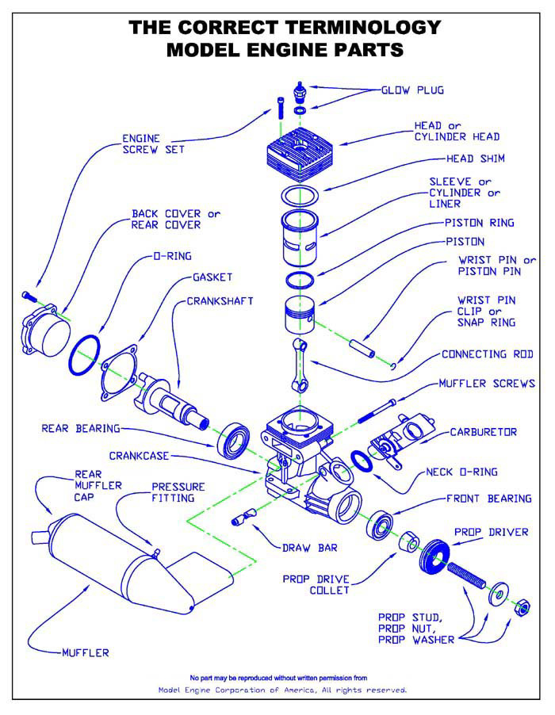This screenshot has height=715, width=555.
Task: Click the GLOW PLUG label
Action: (x=414, y=90)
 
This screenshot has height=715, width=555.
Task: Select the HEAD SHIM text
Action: (x=476, y=159)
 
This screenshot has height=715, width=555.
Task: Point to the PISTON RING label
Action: (x=479, y=223)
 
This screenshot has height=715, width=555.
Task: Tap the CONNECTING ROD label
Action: (x=487, y=354)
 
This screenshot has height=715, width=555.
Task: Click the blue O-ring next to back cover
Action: (x=86, y=354)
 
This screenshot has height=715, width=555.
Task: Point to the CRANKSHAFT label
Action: (x=220, y=301)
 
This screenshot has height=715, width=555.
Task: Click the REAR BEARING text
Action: (x=80, y=429)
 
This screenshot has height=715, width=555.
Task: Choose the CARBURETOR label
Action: (x=484, y=432)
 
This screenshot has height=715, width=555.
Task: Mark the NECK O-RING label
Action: (x=461, y=472)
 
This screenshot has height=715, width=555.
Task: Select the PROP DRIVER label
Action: (x=491, y=532)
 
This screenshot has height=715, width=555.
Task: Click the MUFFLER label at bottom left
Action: (x=85, y=653)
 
